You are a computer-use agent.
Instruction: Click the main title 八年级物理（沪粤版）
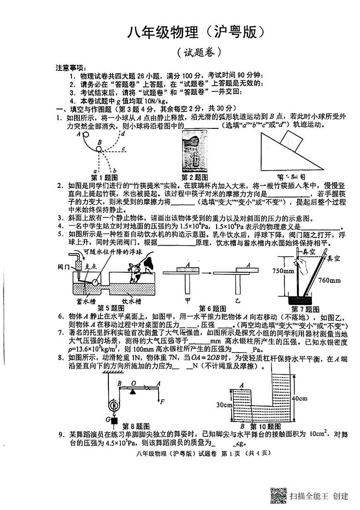(195, 32)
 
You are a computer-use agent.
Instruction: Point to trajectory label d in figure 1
(122, 133)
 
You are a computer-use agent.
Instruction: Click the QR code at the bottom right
(278, 495)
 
